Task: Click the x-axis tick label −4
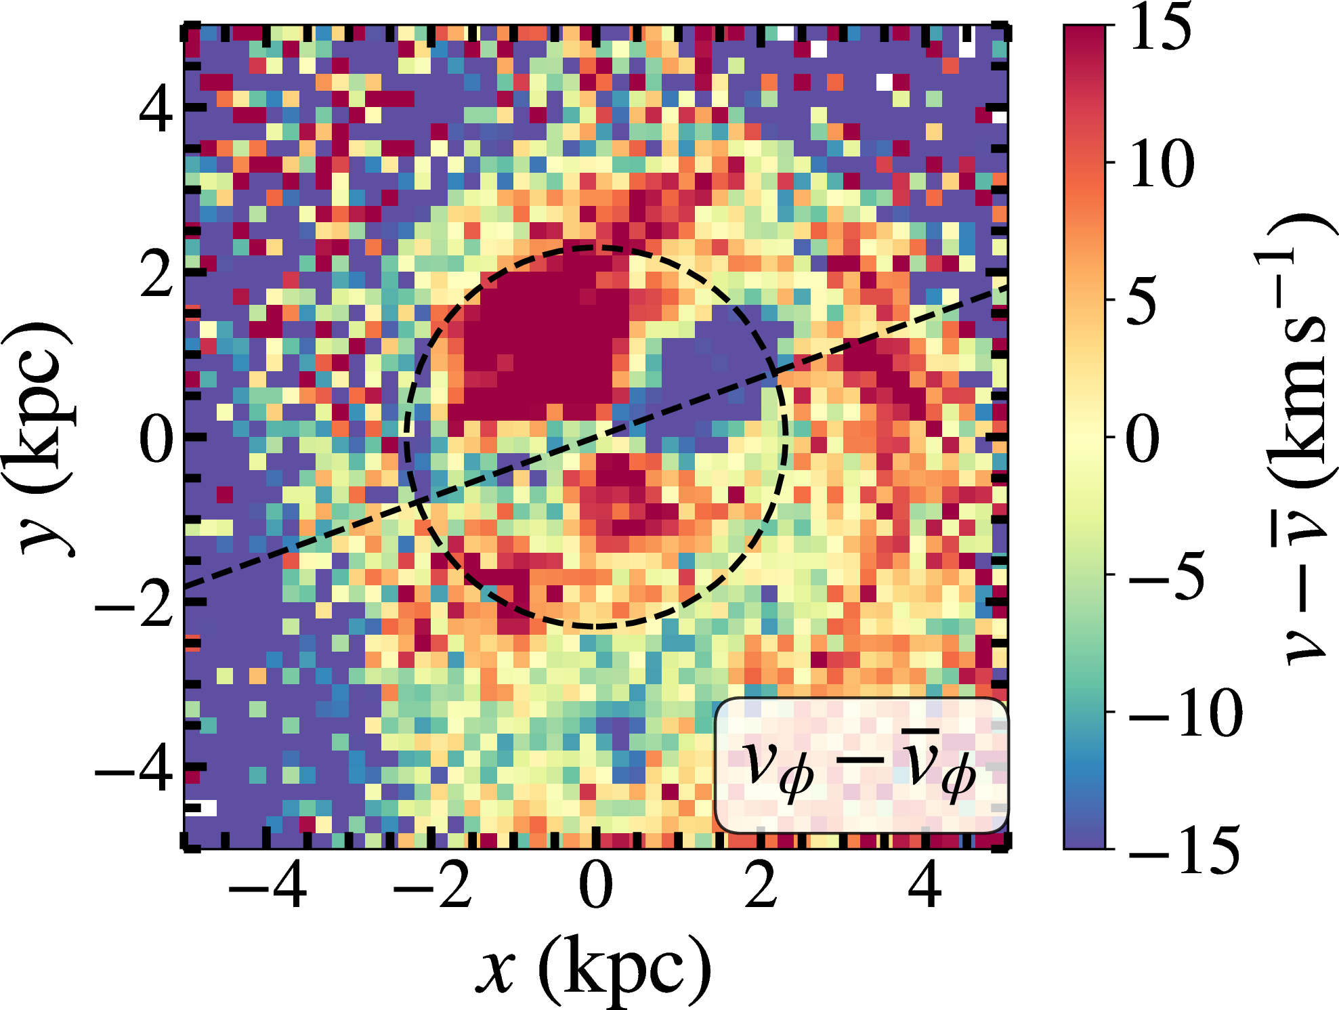[x=268, y=885]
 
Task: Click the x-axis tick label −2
[x=432, y=885]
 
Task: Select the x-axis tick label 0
[x=596, y=885]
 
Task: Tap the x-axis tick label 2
[x=761, y=885]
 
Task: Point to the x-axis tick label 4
[x=925, y=885]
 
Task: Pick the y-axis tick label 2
[x=156, y=274]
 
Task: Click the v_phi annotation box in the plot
[x=862, y=765]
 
